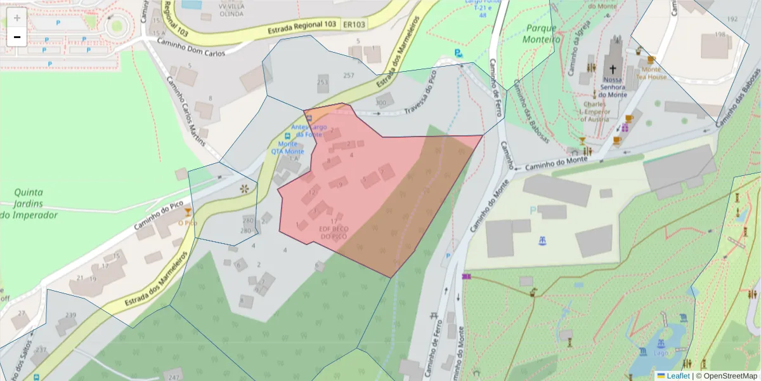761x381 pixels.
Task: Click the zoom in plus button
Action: (x=17, y=17)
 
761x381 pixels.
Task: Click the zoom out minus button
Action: (x=17, y=36)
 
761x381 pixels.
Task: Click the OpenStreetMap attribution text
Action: (x=726, y=376)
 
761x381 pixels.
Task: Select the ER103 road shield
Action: (x=354, y=25)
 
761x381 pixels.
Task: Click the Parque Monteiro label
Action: (x=540, y=34)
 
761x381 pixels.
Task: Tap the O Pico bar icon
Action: (x=187, y=212)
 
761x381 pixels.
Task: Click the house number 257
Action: (x=348, y=76)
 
